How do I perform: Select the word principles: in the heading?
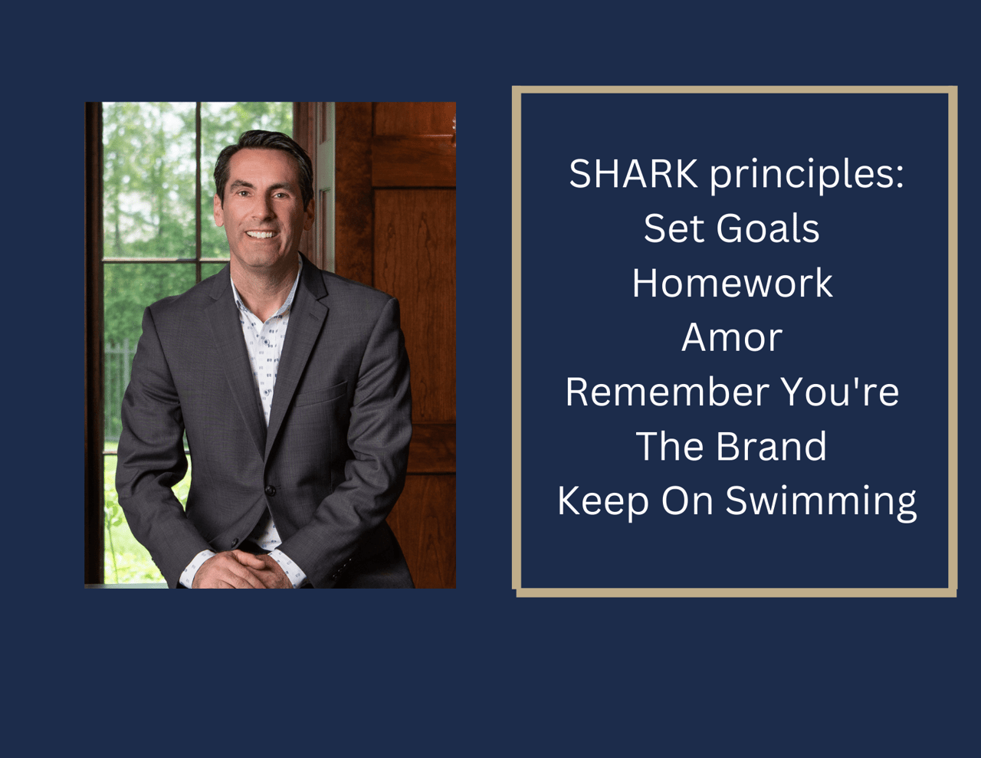tap(807, 177)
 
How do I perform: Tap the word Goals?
tap(768, 228)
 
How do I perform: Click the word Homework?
tap(732, 283)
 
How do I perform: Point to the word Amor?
tap(732, 337)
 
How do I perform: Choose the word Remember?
tap(668, 392)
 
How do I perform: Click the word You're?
tap(840, 392)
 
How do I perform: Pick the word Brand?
tap(772, 446)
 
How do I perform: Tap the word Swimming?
tap(821, 504)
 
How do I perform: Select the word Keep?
tap(603, 503)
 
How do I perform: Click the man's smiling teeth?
tap(261, 235)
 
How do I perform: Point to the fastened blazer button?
tap(270, 490)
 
